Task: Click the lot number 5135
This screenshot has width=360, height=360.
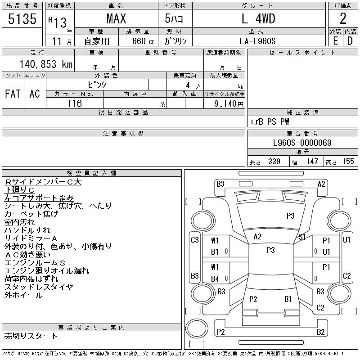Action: click(x=22, y=19)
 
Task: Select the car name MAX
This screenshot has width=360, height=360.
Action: click(x=116, y=19)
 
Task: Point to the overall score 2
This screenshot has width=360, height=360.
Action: click(x=343, y=19)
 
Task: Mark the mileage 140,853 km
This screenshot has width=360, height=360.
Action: click(x=45, y=64)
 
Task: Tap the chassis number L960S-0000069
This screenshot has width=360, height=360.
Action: click(x=302, y=143)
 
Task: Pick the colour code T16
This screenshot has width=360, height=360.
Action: click(x=74, y=103)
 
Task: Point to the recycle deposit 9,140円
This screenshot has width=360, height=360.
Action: click(x=230, y=103)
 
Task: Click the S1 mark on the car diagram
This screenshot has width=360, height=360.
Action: click(x=302, y=237)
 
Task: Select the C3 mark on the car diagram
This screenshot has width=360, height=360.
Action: click(x=194, y=240)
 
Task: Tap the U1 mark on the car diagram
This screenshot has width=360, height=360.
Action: click(x=346, y=240)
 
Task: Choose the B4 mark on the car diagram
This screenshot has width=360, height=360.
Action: click(x=215, y=279)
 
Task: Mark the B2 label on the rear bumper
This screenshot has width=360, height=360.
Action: click(x=320, y=332)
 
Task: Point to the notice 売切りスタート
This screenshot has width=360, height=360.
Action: click(x=31, y=336)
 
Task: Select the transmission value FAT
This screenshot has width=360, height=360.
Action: click(x=13, y=94)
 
